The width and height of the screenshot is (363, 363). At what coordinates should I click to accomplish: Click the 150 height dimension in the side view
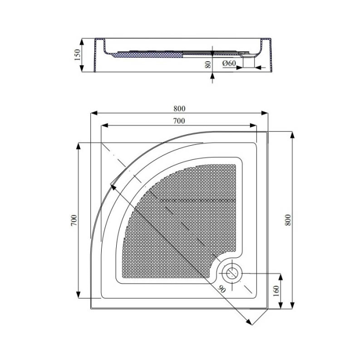point(77,54)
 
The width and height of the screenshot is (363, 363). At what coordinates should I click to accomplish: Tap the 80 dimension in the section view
point(208,64)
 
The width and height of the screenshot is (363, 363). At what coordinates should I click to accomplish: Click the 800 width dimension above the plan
point(179,108)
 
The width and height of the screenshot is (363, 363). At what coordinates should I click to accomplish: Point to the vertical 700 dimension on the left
point(74,221)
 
